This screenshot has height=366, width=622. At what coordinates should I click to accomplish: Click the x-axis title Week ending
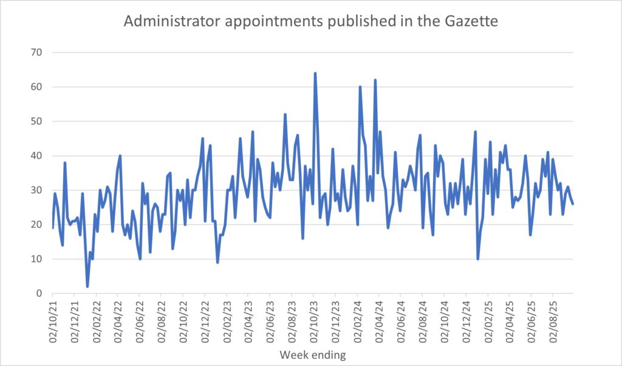(x=312, y=354)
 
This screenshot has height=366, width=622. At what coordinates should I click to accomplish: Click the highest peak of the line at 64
(x=315, y=73)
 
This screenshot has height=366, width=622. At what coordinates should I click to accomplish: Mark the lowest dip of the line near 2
(x=87, y=286)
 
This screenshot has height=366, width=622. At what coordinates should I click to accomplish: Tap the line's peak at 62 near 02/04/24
(x=375, y=80)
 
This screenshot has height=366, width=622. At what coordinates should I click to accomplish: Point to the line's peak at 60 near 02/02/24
(x=360, y=87)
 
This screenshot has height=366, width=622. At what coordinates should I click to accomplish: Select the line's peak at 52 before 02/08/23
(x=285, y=115)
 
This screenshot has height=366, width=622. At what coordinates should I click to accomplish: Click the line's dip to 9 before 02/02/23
(x=217, y=262)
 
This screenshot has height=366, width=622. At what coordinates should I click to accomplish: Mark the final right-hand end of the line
(x=572, y=204)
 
